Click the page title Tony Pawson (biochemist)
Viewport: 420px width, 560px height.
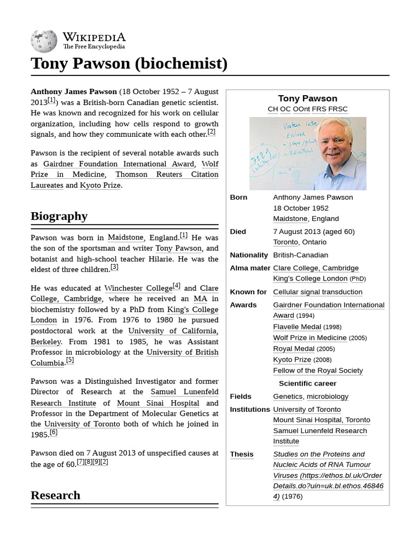129,63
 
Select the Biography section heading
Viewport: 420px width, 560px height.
59,216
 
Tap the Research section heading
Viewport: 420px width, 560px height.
55,495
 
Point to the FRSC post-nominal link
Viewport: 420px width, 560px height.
338,109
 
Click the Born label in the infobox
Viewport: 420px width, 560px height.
238,197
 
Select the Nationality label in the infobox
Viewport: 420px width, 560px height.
249,255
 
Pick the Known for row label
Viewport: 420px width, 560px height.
248,292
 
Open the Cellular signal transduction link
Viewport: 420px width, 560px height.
317,292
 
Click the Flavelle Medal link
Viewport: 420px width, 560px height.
297,327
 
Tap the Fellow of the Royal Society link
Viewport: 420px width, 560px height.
318,371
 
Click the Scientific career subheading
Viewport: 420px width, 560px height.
307,383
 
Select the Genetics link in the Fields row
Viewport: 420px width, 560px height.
288,396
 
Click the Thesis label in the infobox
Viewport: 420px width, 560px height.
242,454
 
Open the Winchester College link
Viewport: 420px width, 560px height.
138,288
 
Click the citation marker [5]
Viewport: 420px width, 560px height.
69,360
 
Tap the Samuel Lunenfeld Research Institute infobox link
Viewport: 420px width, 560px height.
320,436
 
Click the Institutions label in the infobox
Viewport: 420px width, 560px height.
250,410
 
